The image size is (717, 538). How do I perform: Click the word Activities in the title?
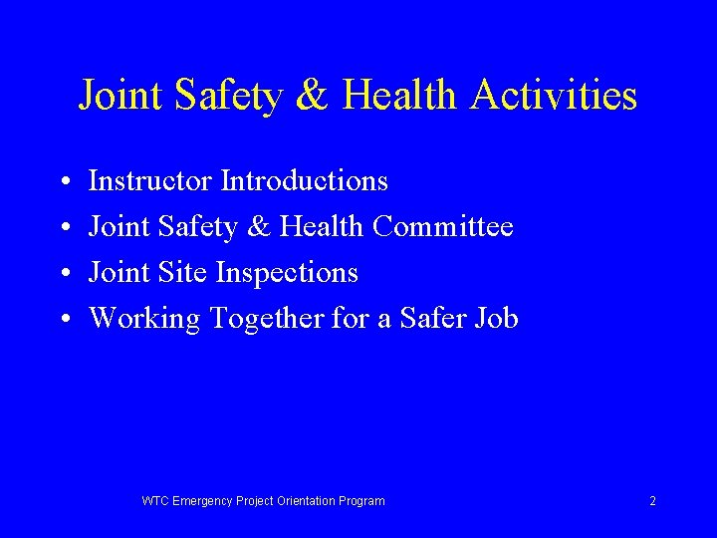[x=556, y=97]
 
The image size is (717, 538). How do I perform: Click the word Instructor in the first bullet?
[x=150, y=181]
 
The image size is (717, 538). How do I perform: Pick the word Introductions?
[x=304, y=181]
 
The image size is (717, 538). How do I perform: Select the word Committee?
[x=443, y=227]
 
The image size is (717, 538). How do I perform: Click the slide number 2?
[x=652, y=501]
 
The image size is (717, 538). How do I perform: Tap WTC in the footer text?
[x=155, y=501]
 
